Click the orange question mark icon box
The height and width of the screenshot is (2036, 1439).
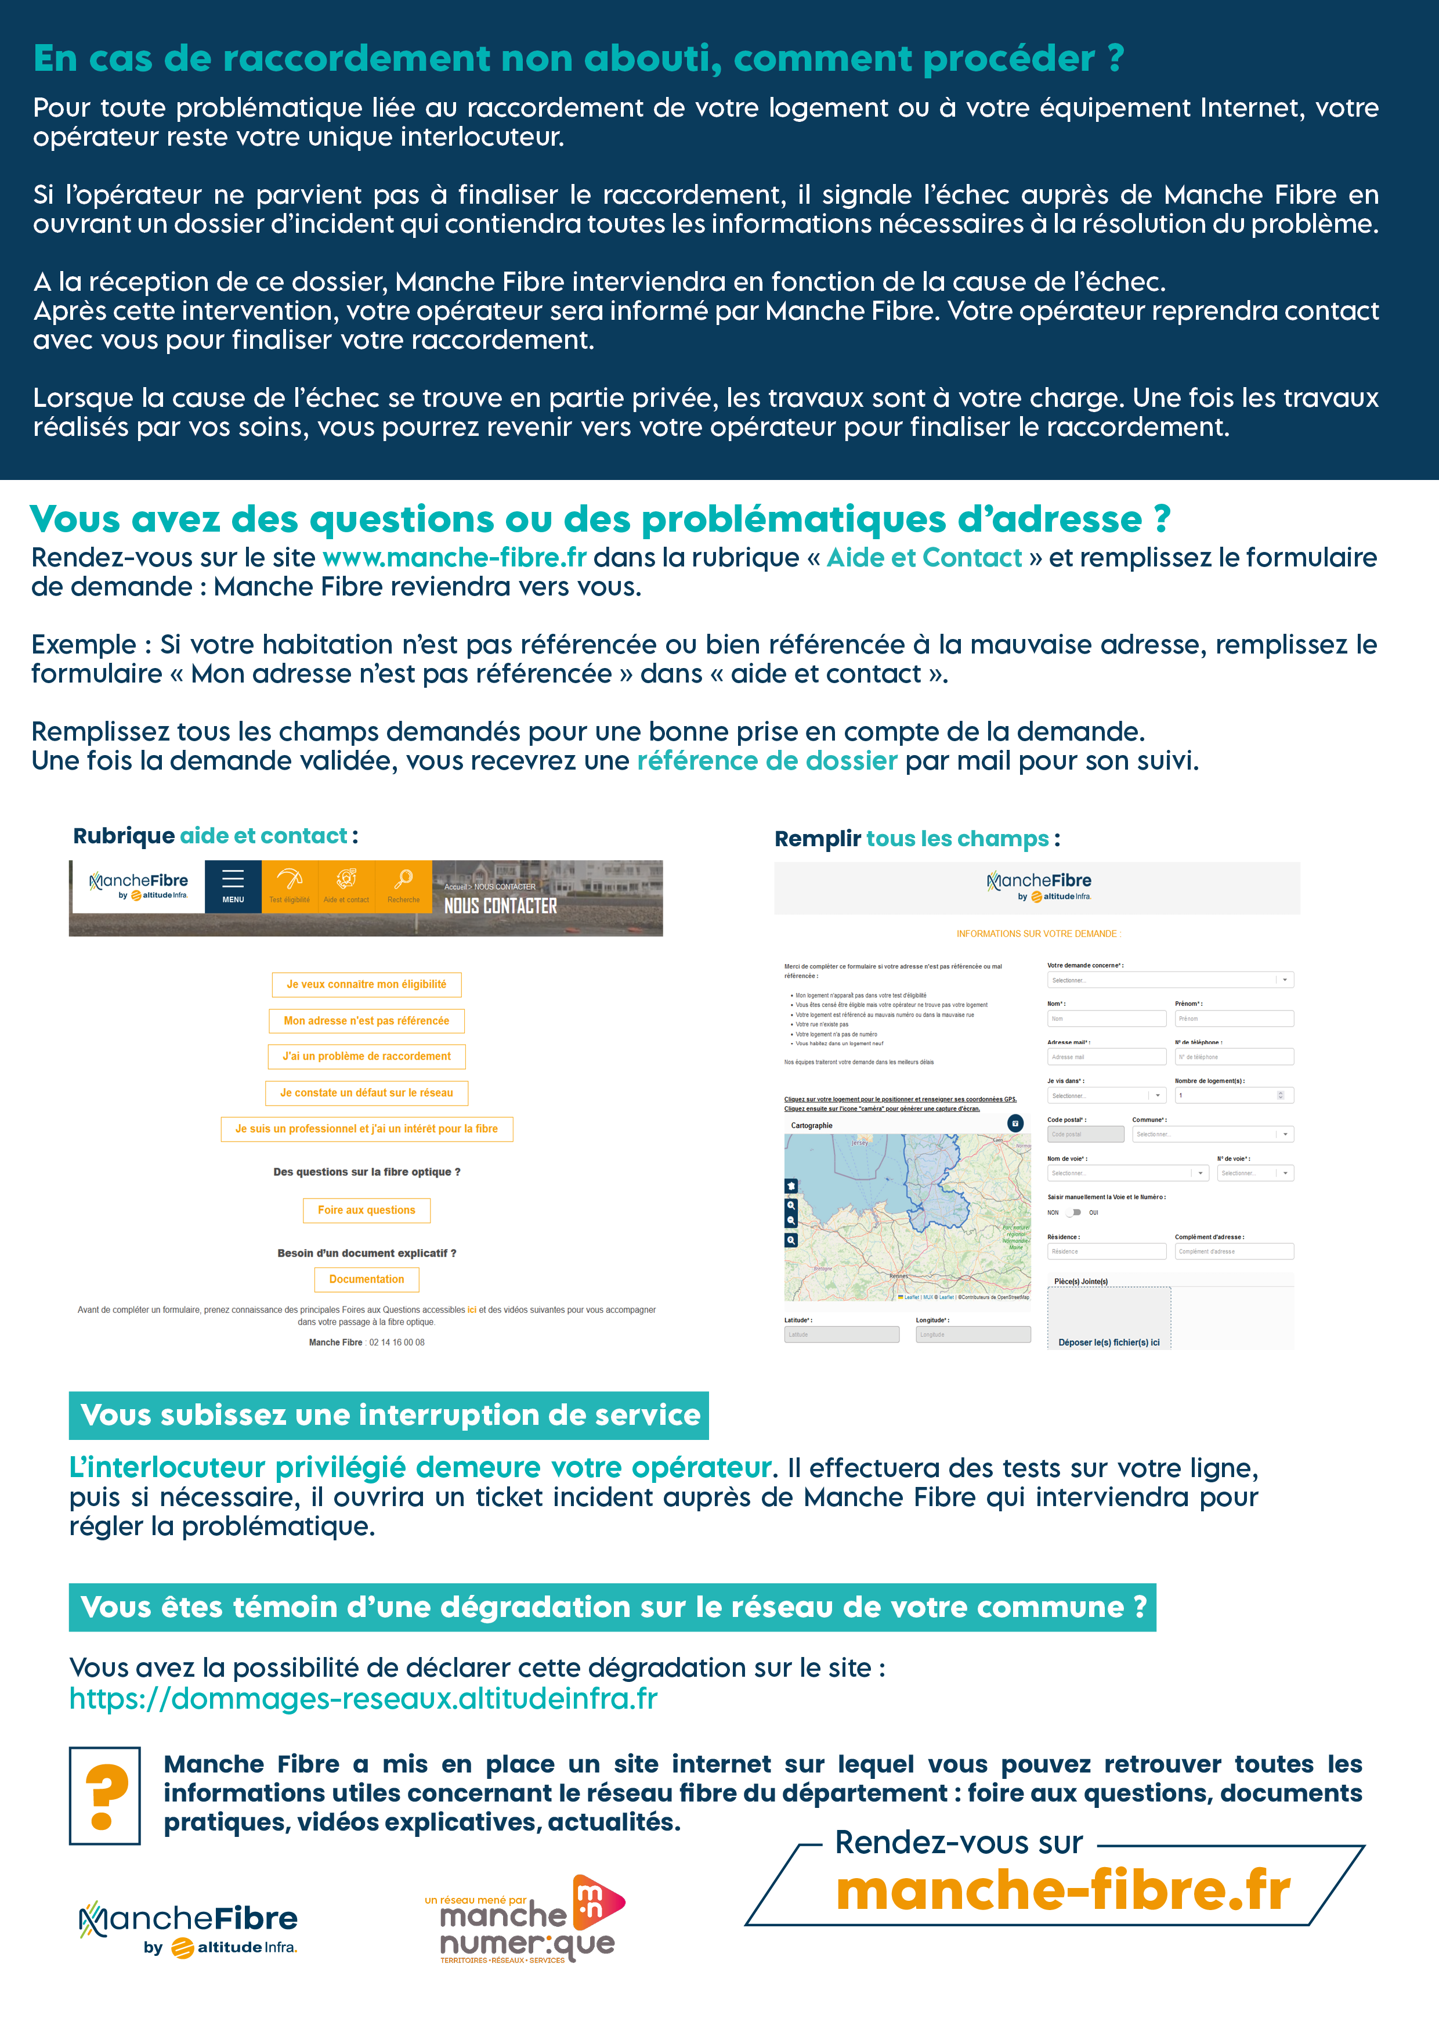104,1796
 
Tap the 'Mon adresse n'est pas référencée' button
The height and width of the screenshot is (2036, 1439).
366,1021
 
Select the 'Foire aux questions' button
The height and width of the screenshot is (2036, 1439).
366,1211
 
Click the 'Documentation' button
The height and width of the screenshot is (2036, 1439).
366,1280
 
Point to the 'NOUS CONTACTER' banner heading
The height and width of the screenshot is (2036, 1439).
500,905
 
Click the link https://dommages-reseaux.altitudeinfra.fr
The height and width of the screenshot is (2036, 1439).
363,1698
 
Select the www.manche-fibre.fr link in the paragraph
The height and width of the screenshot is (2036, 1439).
454,558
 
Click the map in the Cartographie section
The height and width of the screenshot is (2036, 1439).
907,1216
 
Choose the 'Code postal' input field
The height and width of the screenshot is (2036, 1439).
1085,1134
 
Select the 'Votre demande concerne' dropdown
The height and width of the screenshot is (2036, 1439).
1169,980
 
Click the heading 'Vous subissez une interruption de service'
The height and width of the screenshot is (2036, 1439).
389,1415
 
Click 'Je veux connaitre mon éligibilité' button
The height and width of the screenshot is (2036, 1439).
366,984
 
